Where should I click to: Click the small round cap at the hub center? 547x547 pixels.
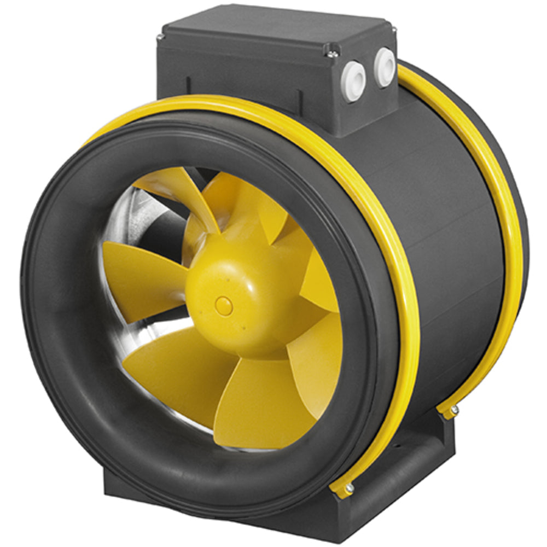click(x=224, y=306)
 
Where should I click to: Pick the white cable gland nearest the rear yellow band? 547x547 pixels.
click(x=385, y=67)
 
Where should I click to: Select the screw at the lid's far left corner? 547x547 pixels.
click(x=159, y=38)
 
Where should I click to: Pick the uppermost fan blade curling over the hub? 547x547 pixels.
click(x=181, y=186)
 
